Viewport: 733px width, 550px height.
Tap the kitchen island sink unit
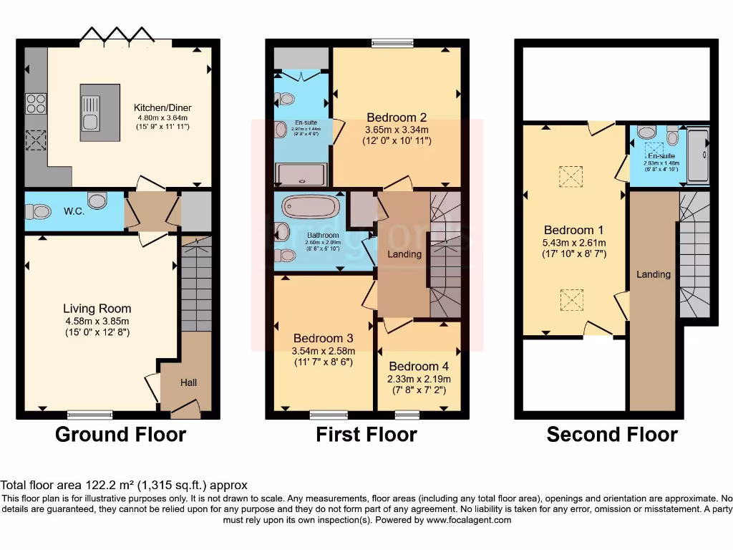pos(90,107)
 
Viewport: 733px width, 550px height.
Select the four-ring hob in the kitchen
pos(34,105)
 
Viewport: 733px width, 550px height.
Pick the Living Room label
pos(97,309)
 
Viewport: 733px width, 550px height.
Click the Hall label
pos(188,383)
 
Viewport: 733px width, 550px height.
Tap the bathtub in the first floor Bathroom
pos(311,207)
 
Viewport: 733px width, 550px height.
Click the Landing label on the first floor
pos(404,254)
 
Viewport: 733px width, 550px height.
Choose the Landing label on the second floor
pos(653,274)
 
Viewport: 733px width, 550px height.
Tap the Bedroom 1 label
pos(573,230)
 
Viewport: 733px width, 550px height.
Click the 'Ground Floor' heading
pos(120,434)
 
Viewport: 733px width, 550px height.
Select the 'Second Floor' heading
pos(612,434)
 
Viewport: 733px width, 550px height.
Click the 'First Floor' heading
pos(366,434)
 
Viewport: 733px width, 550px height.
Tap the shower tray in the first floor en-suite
pos(301,174)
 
